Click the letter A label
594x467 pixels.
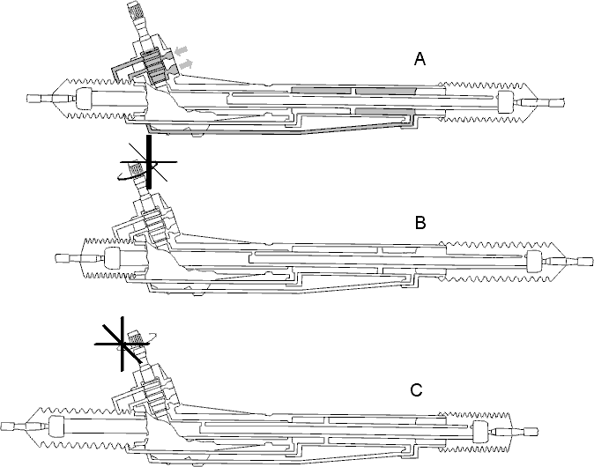point(420,59)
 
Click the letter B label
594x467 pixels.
point(420,223)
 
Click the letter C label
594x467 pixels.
point(416,390)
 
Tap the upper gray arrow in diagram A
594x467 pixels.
point(182,50)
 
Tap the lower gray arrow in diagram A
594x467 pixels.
point(186,65)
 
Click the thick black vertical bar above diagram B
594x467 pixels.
point(149,162)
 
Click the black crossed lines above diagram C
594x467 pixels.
point(122,344)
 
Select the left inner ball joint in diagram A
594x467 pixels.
point(84,99)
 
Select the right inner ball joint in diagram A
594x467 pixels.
point(505,102)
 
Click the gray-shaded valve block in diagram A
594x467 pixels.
point(153,67)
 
